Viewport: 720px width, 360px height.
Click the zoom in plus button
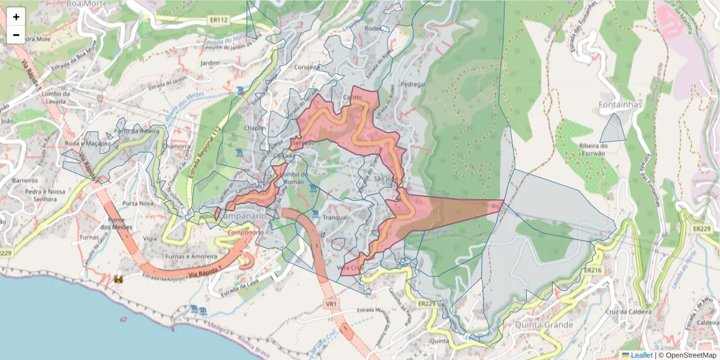(16, 17)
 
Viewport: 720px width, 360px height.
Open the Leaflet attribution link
(641, 355)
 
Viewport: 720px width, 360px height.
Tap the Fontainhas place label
(620, 105)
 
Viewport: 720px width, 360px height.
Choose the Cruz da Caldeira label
(629, 311)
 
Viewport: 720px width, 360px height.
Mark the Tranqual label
(335, 218)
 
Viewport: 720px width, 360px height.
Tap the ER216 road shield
(592, 271)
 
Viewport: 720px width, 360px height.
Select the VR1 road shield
(331, 305)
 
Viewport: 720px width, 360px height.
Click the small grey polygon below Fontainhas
(613, 128)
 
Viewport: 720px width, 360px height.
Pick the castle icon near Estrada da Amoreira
(119, 279)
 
